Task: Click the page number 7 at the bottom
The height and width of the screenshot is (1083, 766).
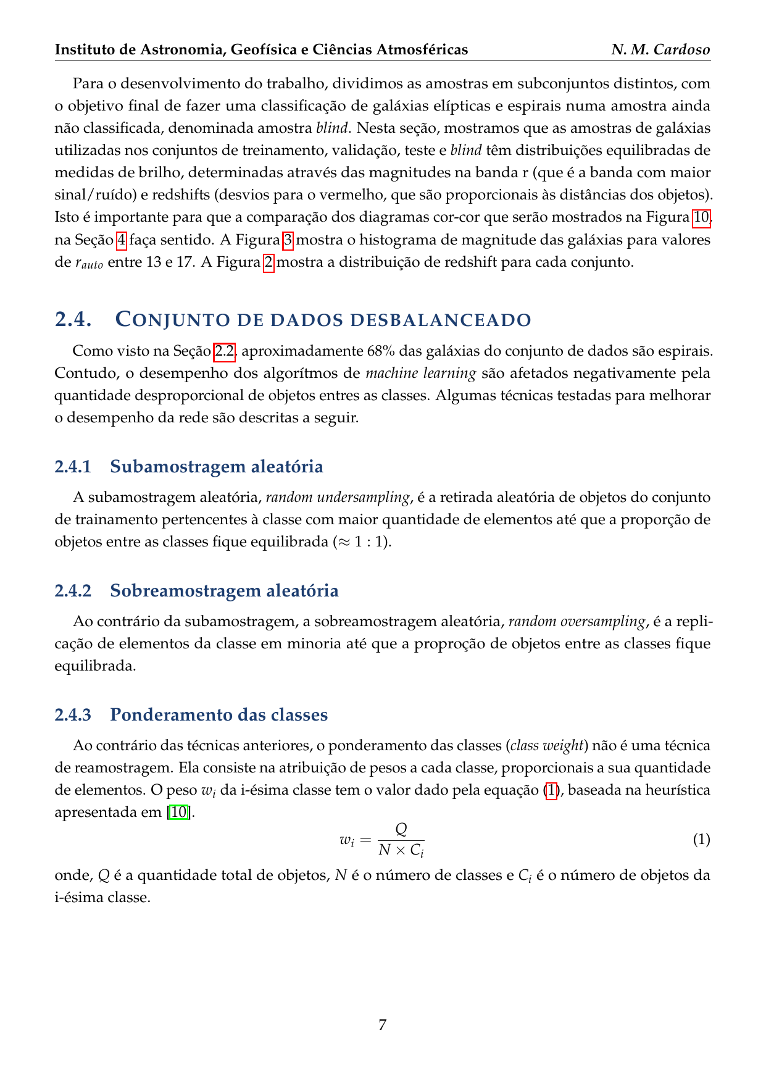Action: click(x=383, y=1025)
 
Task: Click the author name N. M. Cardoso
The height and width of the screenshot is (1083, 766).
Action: click(x=660, y=49)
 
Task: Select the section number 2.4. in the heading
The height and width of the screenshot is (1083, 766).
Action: click(x=73, y=320)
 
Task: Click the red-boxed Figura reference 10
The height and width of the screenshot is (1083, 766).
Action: click(x=702, y=217)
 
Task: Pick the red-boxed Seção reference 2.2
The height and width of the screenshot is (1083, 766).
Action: click(x=224, y=351)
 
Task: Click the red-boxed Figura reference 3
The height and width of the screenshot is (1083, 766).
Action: click(x=288, y=240)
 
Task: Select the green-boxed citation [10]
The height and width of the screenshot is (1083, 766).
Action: click(x=179, y=812)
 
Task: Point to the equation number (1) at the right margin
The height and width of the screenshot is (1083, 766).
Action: click(x=701, y=840)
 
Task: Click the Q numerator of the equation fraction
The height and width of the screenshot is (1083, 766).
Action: click(x=401, y=829)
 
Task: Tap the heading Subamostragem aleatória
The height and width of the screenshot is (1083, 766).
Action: click(x=216, y=467)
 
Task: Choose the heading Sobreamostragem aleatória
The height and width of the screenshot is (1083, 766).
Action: click(x=224, y=591)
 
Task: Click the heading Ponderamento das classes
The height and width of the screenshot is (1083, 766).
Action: click(x=219, y=715)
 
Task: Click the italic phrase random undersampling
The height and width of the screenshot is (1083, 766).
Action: click(x=338, y=498)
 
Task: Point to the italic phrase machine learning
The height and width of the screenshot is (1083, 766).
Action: click(x=421, y=374)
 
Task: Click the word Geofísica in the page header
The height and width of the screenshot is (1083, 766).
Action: click(x=262, y=49)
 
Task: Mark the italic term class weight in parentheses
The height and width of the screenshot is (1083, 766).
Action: click(x=547, y=746)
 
